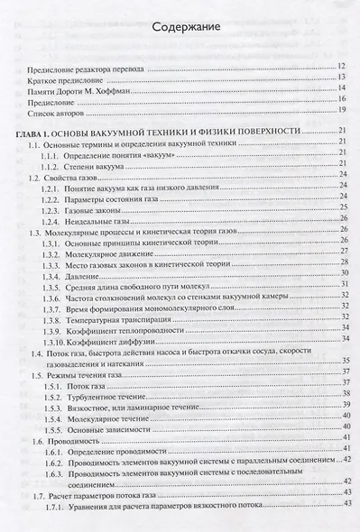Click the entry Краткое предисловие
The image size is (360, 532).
click(66, 78)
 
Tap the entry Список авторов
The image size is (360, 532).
click(60, 110)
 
